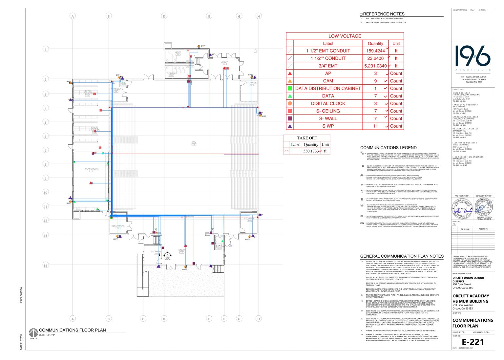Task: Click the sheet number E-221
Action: pyautogui.click(x=472, y=342)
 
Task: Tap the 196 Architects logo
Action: pyautogui.click(x=472, y=56)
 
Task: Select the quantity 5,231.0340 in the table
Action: pyautogui.click(x=375, y=66)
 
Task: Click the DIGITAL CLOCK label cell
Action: pyautogui.click(x=328, y=103)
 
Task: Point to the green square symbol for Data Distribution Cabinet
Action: pyautogui.click(x=290, y=88)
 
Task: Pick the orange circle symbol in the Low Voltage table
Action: pyautogui.click(x=290, y=103)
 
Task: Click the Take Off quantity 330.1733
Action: pyautogui.click(x=311, y=151)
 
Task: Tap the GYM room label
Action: pyautogui.click(x=194, y=142)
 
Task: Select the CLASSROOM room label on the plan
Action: pyautogui.click(x=92, y=169)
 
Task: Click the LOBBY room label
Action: pyautogui.click(x=224, y=62)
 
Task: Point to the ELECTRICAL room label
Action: pyautogui.click(x=118, y=226)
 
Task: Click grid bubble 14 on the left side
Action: pyautogui.click(x=46, y=265)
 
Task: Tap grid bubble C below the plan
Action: pyautogui.click(x=143, y=319)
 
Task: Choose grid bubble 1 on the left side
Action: pyautogui.click(x=46, y=49)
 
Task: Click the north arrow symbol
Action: pyautogui.click(x=33, y=332)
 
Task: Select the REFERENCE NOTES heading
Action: pyautogui.click(x=383, y=14)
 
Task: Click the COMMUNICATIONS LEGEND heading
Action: pyautogui.click(x=388, y=148)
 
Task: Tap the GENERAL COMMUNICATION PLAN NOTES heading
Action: pyautogui.click(x=402, y=256)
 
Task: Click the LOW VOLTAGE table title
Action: pyautogui.click(x=345, y=36)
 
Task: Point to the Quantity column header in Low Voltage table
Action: pyautogui.click(x=375, y=43)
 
